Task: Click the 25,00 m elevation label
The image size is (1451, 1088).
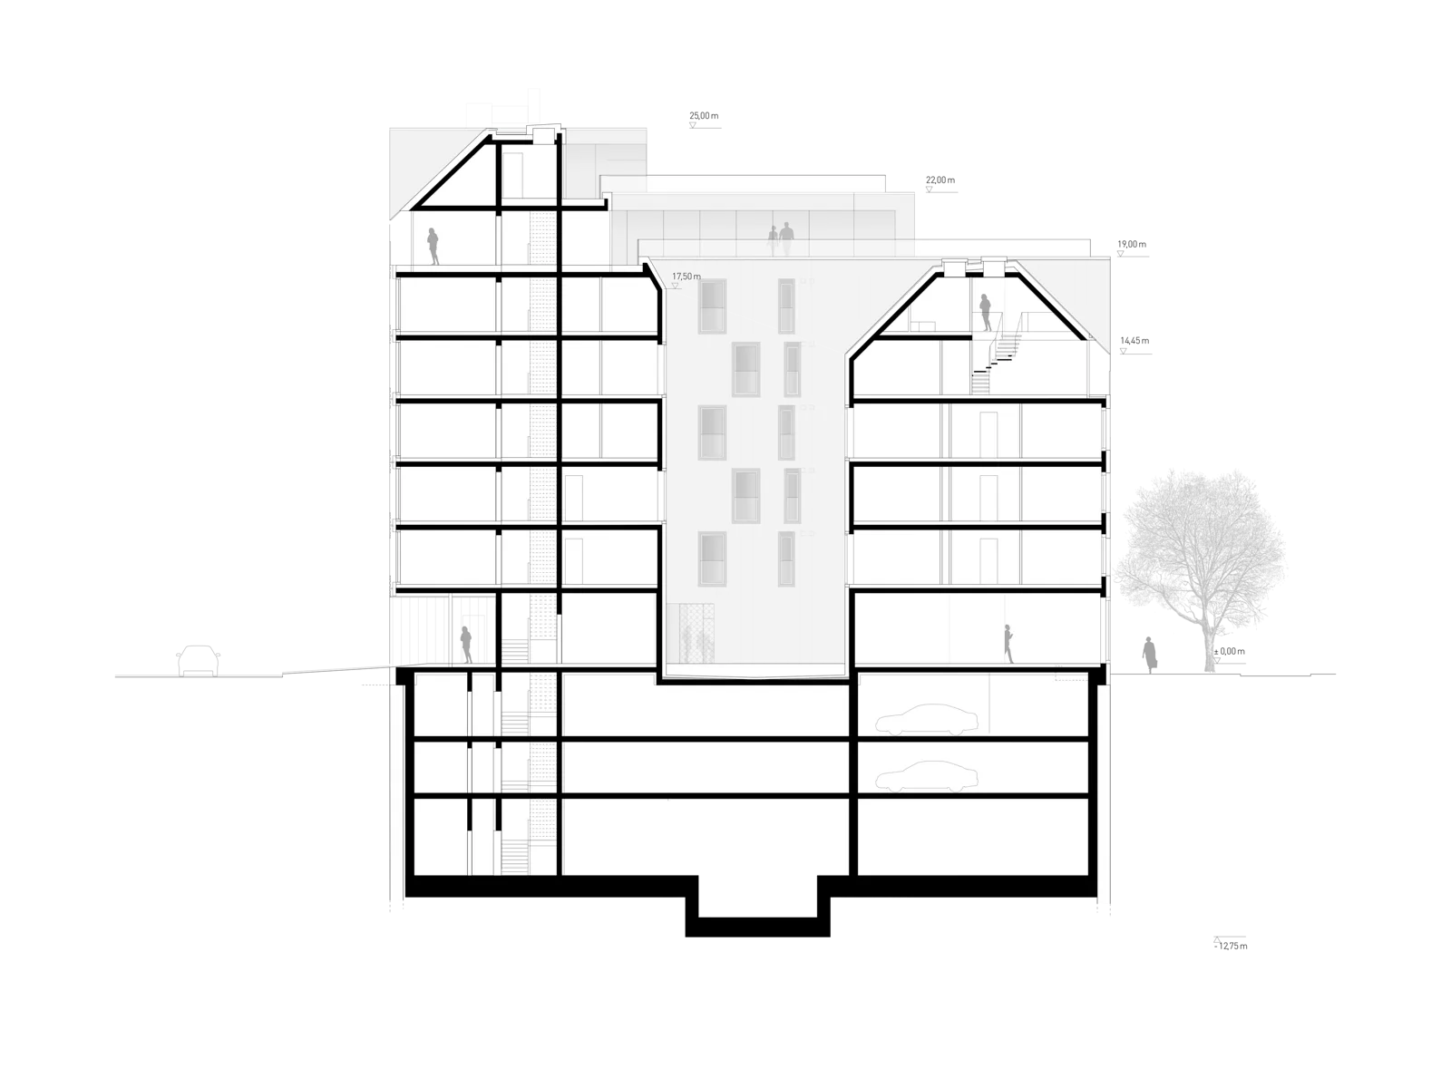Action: (704, 116)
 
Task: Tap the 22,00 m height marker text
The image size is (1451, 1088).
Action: (940, 180)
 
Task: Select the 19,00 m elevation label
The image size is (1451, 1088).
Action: (1132, 244)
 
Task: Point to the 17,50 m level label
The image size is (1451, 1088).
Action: (687, 277)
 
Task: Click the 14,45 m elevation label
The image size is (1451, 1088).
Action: (1135, 341)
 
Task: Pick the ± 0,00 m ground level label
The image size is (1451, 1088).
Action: (1229, 651)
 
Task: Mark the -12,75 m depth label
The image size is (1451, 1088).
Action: (1231, 946)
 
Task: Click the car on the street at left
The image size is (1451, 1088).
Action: (198, 661)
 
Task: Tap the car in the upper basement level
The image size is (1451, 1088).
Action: (927, 720)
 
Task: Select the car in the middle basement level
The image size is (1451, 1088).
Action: (927, 776)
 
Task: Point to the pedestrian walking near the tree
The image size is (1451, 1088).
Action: (1150, 655)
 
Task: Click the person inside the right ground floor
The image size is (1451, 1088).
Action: (1008, 644)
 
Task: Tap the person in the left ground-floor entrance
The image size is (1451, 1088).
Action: (466, 645)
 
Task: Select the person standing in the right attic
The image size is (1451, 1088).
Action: (985, 313)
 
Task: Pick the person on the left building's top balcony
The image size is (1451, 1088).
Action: (433, 247)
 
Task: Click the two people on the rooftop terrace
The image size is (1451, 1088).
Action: (780, 239)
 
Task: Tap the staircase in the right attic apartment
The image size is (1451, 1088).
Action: (997, 362)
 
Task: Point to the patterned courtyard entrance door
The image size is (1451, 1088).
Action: (691, 633)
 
